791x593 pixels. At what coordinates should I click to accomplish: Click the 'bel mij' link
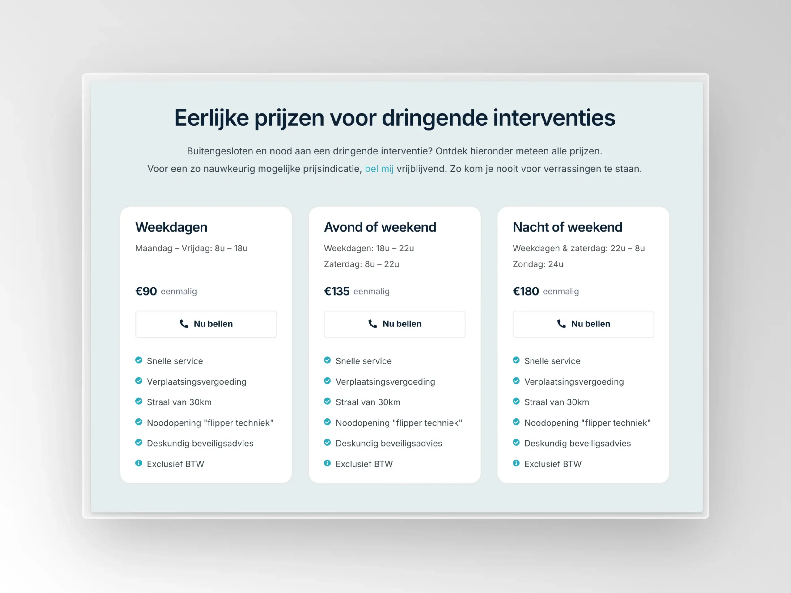[x=379, y=169]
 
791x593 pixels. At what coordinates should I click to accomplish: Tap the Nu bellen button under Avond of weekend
[x=395, y=324]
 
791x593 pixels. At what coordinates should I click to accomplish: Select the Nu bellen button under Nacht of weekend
[x=583, y=324]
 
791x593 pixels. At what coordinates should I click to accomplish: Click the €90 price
[x=146, y=291]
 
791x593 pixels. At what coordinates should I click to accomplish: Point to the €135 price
[x=336, y=291]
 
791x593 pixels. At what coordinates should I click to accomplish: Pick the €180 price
[x=526, y=291]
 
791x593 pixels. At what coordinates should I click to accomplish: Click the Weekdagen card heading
[x=171, y=227]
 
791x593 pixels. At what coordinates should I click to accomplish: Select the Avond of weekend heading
[x=380, y=227]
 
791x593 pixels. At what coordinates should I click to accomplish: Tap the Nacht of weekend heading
[x=568, y=227]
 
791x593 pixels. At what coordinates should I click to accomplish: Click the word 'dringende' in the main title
[x=434, y=118]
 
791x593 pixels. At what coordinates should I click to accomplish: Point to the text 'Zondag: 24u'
[x=538, y=264]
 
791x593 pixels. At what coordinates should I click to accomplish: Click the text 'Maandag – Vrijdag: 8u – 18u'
[x=191, y=248]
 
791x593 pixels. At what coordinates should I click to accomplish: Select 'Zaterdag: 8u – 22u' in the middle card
[x=362, y=264]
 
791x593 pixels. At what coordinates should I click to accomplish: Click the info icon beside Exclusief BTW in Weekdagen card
[x=139, y=463]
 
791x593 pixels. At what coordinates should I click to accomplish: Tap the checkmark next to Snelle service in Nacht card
[x=516, y=360]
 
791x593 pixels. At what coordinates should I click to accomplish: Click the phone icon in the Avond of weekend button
[x=373, y=324]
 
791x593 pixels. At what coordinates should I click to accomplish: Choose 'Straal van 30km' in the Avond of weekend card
[x=368, y=402]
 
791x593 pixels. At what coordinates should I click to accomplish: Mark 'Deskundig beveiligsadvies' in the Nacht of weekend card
[x=577, y=443]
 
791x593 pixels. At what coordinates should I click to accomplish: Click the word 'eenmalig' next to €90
[x=179, y=292]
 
